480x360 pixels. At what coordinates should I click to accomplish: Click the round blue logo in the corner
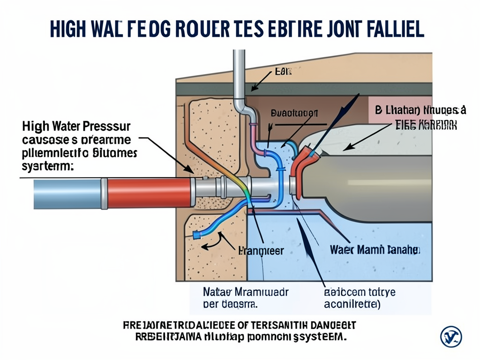[451, 337]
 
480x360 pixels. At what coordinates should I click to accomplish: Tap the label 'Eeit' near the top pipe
[283, 72]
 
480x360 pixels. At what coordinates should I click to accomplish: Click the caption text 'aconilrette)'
[353, 304]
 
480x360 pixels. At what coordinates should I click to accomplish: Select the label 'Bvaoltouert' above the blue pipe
[294, 113]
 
